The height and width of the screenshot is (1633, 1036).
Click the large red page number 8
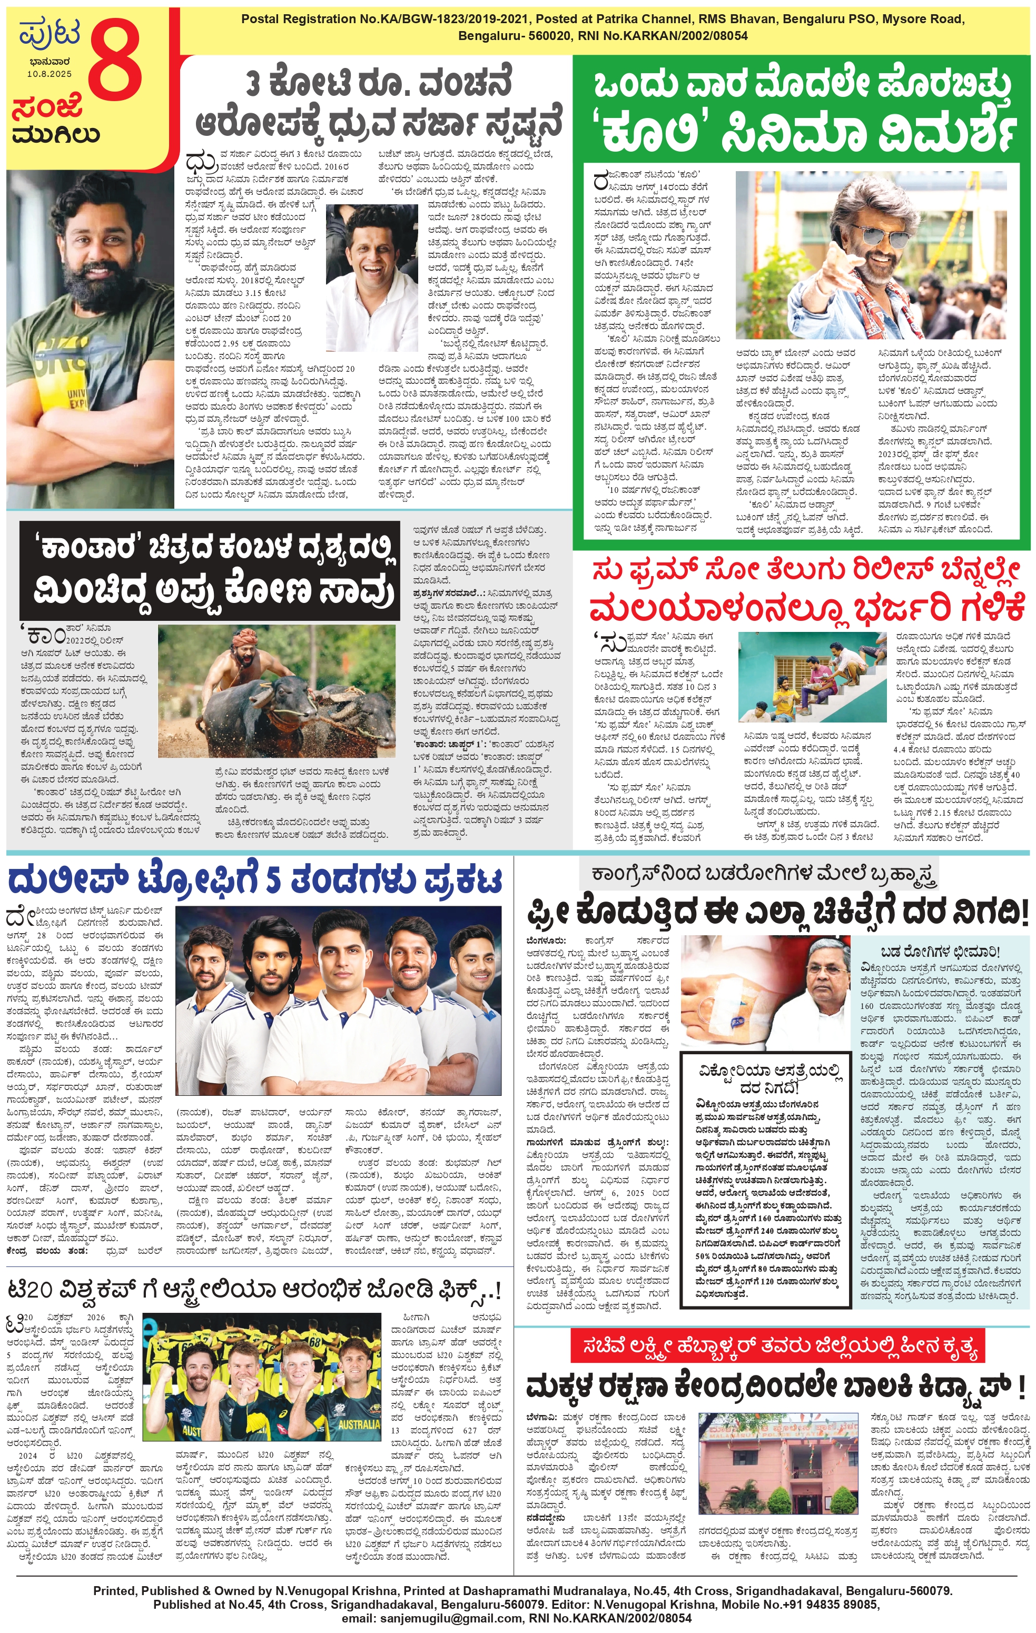point(115,68)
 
